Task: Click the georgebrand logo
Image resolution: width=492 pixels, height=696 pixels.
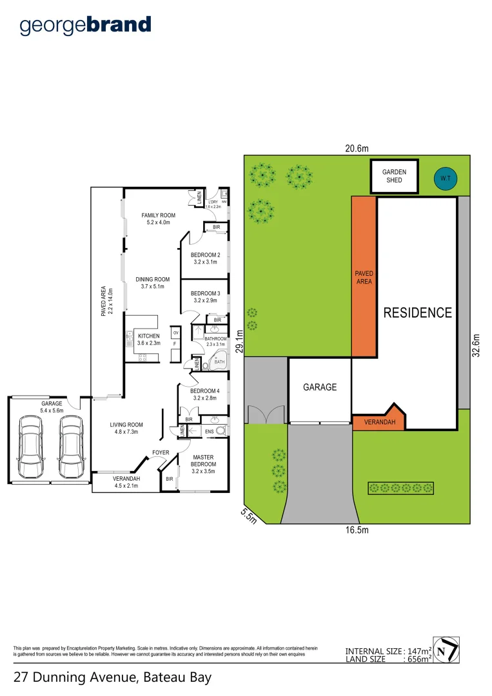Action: click(85, 25)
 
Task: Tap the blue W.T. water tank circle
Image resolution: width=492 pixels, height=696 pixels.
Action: click(444, 177)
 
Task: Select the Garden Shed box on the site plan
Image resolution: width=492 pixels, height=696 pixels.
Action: click(393, 176)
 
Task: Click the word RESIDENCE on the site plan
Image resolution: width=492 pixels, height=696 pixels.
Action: click(418, 313)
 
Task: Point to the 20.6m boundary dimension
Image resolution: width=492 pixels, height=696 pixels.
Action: click(357, 148)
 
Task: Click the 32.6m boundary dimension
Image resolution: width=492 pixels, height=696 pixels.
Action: click(477, 349)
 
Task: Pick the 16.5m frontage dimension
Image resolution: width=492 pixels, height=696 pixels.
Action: click(356, 530)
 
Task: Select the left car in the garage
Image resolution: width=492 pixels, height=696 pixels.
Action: click(30, 444)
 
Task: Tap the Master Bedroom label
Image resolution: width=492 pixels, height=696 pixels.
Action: click(204, 461)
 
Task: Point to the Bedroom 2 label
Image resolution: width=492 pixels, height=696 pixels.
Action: click(206, 258)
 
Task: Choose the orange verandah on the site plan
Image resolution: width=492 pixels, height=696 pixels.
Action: click(378, 421)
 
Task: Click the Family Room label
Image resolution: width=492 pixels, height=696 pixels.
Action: click(158, 218)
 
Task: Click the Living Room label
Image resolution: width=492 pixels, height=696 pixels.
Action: click(126, 428)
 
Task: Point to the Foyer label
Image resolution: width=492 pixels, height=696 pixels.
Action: click(161, 452)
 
